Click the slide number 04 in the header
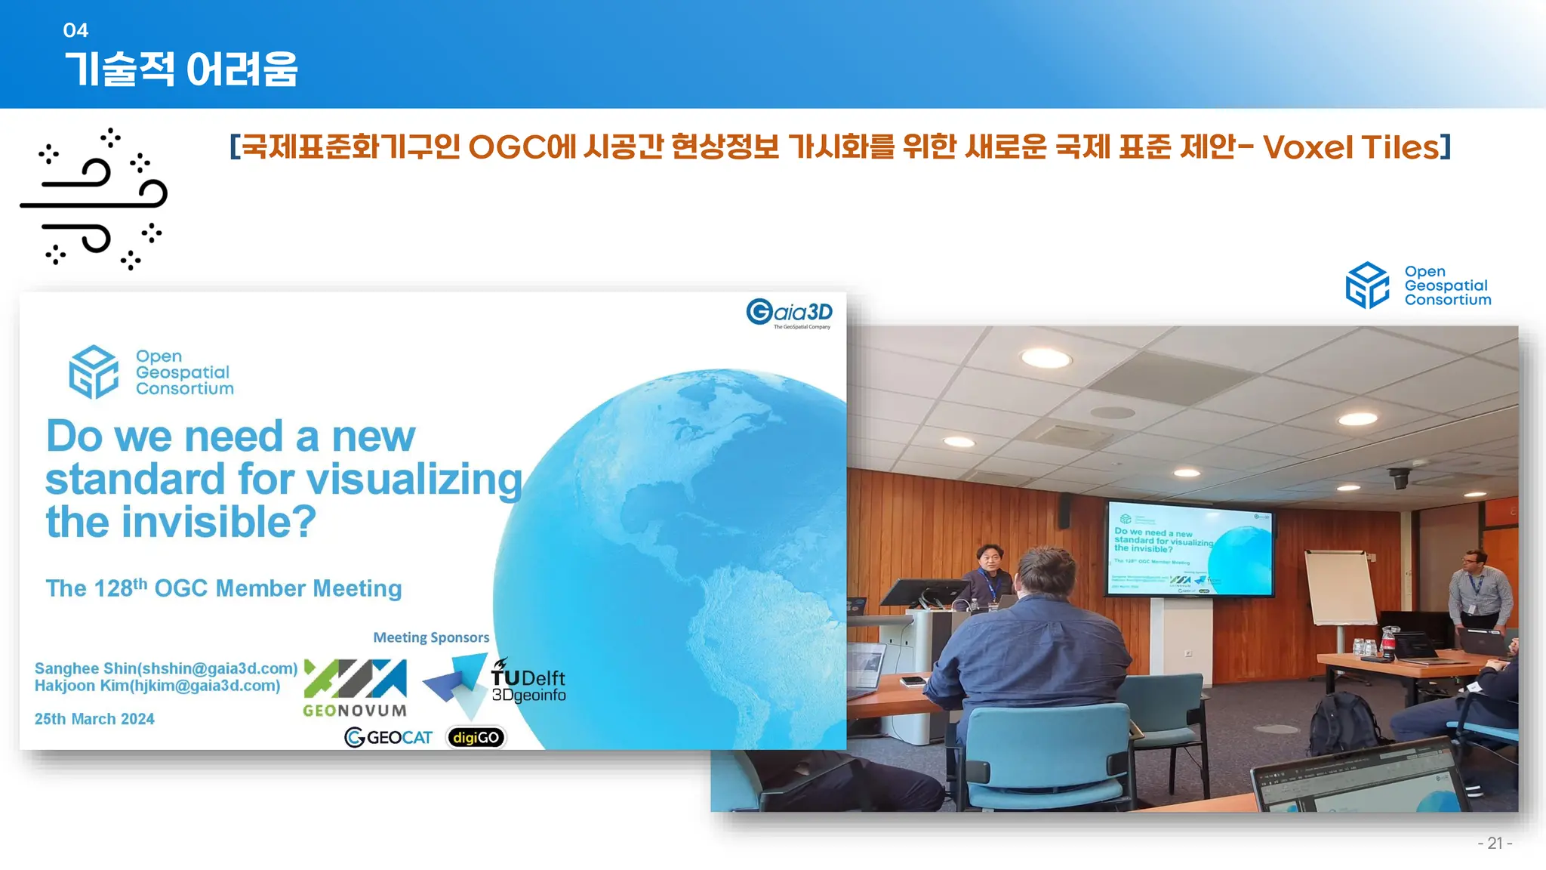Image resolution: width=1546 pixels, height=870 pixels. tap(75, 30)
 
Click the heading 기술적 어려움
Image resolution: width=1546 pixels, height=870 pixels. tap(181, 69)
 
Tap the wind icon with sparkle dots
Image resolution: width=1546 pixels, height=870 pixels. tap(94, 199)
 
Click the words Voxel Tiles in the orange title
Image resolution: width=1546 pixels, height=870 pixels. tap(1351, 147)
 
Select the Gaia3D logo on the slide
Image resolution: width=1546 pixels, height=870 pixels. tap(790, 313)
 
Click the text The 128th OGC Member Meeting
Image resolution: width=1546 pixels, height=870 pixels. tap(223, 588)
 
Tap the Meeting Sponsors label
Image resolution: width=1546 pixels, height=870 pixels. tap(431, 637)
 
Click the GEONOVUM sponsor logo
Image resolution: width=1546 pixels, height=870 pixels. tap(355, 688)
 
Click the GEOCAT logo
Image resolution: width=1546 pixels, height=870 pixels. tap(388, 737)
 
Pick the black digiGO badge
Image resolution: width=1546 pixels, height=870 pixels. tap(476, 737)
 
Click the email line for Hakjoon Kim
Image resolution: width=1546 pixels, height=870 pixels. tap(157, 686)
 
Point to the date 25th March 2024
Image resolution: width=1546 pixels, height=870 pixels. tap(94, 719)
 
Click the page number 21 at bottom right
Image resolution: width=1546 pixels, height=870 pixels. tap(1495, 843)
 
